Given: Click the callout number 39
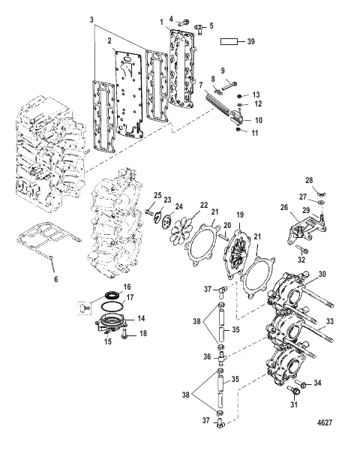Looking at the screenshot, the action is (250, 41).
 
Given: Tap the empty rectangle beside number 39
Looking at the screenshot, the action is (229, 41).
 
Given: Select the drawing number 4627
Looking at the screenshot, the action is (325, 422).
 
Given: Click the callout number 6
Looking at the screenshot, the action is (56, 279).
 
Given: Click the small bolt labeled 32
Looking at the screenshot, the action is (300, 248).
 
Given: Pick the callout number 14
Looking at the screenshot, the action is (141, 318).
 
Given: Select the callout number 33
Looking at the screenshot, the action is (329, 321).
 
